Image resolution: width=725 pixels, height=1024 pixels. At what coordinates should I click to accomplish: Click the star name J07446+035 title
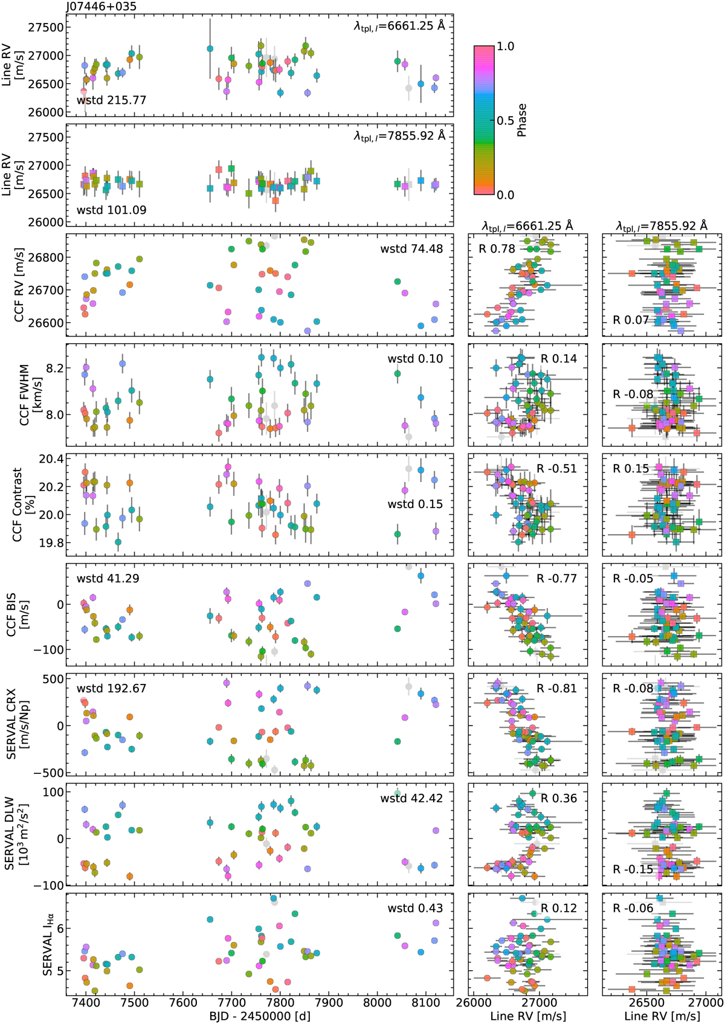(101, 7)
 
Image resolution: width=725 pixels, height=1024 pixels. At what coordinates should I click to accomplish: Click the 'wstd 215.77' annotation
(111, 100)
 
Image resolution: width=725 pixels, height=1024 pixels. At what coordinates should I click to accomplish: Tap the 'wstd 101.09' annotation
(111, 210)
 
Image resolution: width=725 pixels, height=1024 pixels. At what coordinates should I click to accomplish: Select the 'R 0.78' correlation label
(497, 248)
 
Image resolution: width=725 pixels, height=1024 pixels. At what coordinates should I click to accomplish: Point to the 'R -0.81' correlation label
(556, 688)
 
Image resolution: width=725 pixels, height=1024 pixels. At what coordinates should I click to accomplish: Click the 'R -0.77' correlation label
(556, 578)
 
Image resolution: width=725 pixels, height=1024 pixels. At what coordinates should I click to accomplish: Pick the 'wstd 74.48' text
(411, 248)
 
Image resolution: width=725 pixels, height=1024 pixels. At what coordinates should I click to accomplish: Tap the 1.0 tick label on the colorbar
(506, 47)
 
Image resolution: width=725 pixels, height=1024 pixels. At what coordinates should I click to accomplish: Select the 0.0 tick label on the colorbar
(506, 195)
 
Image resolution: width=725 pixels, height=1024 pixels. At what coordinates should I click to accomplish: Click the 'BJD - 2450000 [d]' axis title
(260, 1016)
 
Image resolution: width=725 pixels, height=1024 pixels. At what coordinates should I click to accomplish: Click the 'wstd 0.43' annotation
(415, 908)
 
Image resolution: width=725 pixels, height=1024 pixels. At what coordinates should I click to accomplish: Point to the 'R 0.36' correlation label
(559, 798)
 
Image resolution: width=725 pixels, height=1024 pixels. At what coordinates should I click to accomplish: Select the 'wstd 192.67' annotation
(111, 688)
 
